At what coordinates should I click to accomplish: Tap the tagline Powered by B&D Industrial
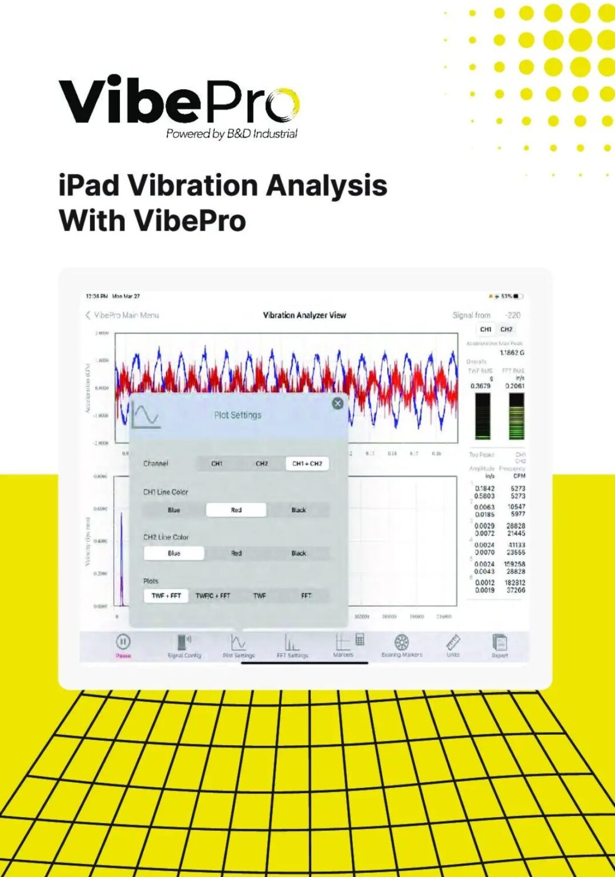pyautogui.click(x=231, y=134)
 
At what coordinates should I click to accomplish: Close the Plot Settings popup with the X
pyautogui.click(x=337, y=404)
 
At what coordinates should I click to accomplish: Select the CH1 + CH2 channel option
pyautogui.click(x=307, y=464)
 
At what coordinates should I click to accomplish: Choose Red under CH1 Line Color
pyautogui.click(x=236, y=510)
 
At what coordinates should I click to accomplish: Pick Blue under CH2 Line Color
pyautogui.click(x=174, y=553)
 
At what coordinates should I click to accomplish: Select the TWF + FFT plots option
pyautogui.click(x=166, y=596)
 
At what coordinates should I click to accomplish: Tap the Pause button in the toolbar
pyautogui.click(x=123, y=642)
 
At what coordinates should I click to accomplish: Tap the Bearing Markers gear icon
pyautogui.click(x=402, y=642)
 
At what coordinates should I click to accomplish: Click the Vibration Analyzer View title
pyautogui.click(x=304, y=315)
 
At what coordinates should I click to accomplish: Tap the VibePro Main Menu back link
pyautogui.click(x=126, y=315)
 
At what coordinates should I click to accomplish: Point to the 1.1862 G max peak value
pyautogui.click(x=512, y=353)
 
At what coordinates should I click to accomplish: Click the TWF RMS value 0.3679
pyautogui.click(x=480, y=386)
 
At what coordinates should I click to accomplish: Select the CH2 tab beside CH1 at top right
pyautogui.click(x=507, y=329)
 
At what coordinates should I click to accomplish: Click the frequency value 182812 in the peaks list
pyautogui.click(x=514, y=583)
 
